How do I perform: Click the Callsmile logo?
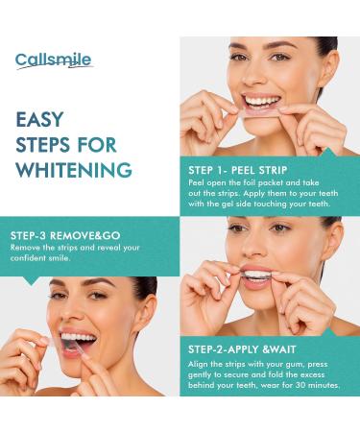pos(53,60)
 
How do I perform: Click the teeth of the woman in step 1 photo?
pos(262,100)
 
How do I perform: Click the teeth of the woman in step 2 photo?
pos(256,276)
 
